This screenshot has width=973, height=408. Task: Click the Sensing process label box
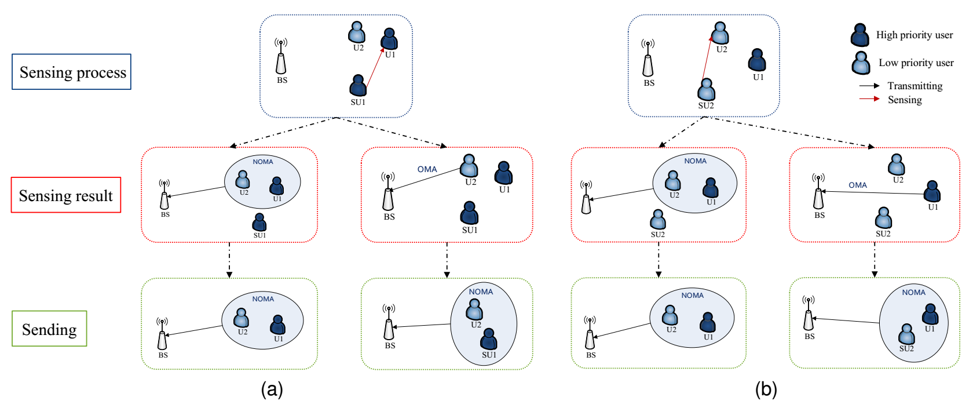tap(71, 72)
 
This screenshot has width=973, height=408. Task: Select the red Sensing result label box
tap(66, 195)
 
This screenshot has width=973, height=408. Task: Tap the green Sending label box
tap(49, 329)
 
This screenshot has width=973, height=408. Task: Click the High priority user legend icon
tap(860, 35)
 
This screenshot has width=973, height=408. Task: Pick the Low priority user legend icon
tap(861, 63)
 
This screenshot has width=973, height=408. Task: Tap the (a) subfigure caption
tap(272, 389)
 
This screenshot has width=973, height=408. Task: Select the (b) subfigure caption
tap(766, 389)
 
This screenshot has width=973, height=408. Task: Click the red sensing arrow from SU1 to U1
tap(375, 68)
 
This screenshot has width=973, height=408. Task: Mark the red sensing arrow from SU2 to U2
tap(707, 58)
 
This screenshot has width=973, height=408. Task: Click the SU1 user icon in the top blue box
tap(358, 86)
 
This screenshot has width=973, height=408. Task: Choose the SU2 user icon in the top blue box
tap(706, 89)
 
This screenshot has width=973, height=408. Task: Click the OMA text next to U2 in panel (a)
tap(427, 169)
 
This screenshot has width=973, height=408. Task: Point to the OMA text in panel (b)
tap(858, 185)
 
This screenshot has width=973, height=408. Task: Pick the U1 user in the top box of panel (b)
tap(757, 60)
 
